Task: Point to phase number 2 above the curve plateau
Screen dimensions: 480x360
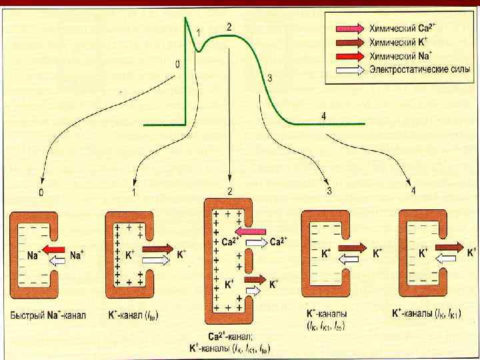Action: [229, 27]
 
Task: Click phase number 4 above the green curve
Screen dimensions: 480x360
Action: [323, 116]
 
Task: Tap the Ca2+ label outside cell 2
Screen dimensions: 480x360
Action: [279, 241]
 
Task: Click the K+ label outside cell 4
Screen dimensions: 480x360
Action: [471, 252]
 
